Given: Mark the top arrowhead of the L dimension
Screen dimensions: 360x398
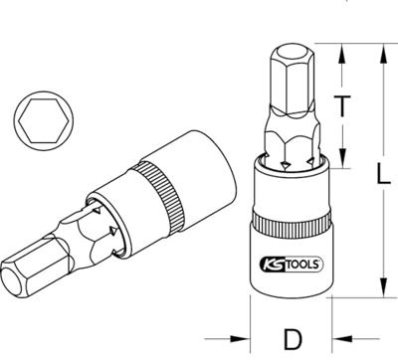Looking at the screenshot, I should pos(382,49).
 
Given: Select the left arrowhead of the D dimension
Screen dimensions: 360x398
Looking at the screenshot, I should pos(255,337).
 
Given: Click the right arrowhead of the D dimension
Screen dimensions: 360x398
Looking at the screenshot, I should pos(328,337).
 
